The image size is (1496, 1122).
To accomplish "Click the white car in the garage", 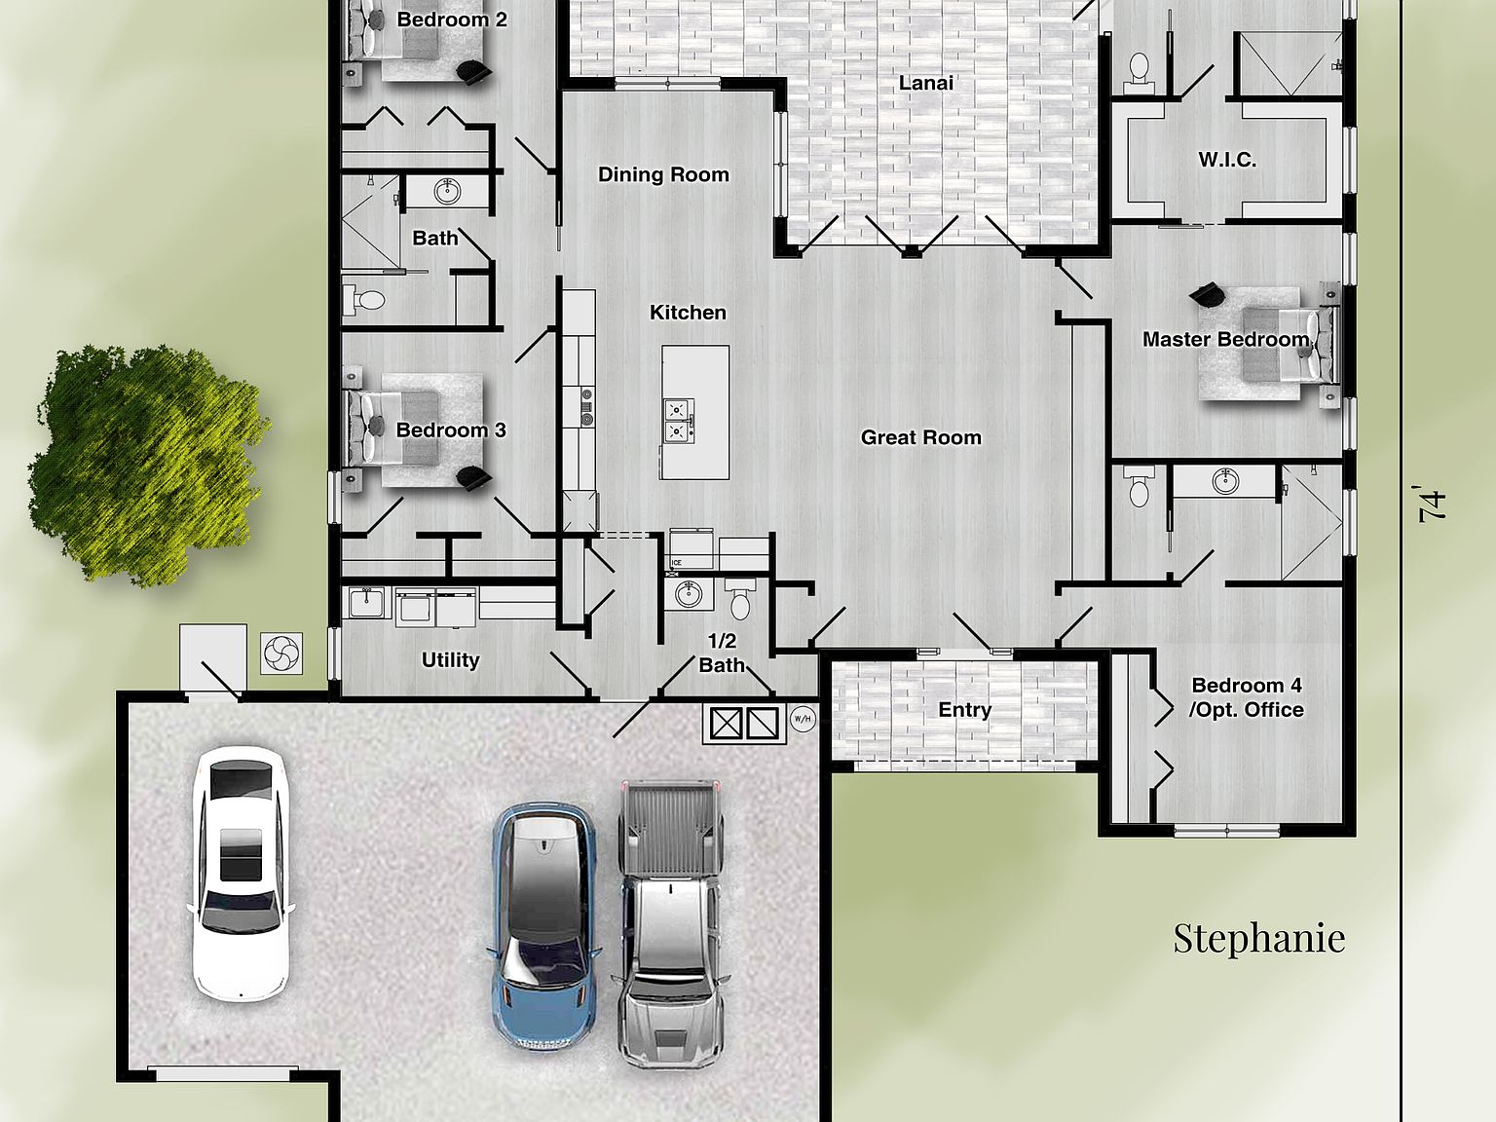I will (x=241, y=873).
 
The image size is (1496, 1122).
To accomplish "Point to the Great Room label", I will (x=920, y=438).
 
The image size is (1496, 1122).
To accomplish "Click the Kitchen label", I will (x=688, y=313).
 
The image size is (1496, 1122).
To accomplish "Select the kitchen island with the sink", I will (x=694, y=412).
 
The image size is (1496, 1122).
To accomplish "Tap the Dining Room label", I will (x=663, y=175).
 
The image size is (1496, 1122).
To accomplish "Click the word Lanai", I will (x=925, y=84).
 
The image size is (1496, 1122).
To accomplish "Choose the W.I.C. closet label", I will (x=1226, y=160).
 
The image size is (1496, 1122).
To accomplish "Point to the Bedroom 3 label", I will (x=450, y=430).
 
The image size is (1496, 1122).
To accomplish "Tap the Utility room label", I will (x=450, y=660).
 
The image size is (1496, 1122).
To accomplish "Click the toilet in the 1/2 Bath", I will (x=741, y=598).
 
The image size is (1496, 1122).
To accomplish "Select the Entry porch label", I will (x=964, y=710).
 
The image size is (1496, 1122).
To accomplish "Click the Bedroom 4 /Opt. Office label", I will (x=1246, y=697).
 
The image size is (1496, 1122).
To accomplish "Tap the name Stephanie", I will (x=1258, y=938).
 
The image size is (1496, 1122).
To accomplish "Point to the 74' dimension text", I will (x=1432, y=505).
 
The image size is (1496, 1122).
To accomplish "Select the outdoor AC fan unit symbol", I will (x=282, y=653).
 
